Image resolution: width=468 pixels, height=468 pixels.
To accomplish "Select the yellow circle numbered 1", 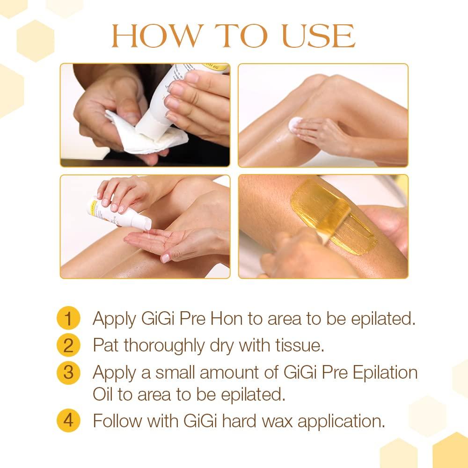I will (68, 319).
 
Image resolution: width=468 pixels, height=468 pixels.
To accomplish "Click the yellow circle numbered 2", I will (68, 345).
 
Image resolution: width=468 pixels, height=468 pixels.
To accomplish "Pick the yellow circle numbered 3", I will (68, 373).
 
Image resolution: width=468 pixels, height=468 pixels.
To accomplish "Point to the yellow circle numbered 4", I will (68, 421).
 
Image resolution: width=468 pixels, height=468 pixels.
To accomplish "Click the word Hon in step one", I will (227, 319).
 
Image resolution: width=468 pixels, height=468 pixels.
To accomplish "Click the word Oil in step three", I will (102, 394).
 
